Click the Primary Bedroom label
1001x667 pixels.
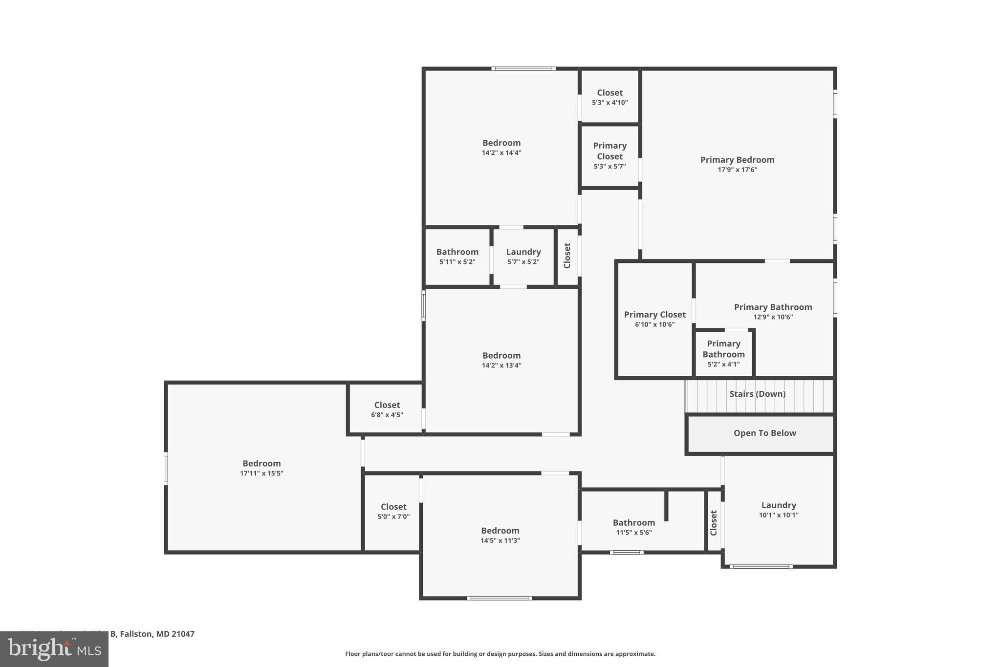[x=737, y=160]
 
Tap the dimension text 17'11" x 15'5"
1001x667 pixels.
[x=261, y=473]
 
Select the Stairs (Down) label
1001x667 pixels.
[x=757, y=394]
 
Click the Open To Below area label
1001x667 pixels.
[x=764, y=433]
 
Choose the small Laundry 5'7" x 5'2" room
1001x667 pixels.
[x=523, y=256]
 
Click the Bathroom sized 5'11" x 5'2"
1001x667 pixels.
[x=457, y=256]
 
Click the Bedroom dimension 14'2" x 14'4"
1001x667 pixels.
[x=501, y=152]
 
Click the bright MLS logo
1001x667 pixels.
[x=54, y=649]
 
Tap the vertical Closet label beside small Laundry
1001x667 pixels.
[x=567, y=256]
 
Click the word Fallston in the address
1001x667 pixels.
[x=136, y=634]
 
